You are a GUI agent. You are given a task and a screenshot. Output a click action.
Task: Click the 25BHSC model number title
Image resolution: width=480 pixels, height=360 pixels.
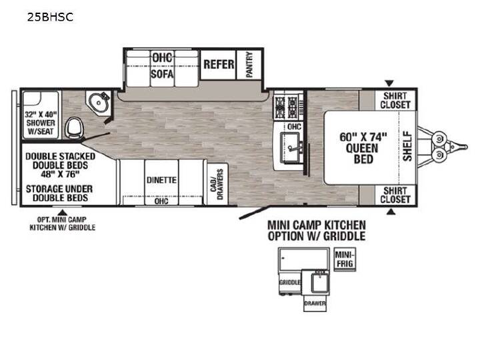[x=50, y=17]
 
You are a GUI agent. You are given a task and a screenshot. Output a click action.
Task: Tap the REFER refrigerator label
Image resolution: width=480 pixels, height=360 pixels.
[x=219, y=65]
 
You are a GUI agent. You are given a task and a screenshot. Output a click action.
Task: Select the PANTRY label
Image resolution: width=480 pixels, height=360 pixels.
[x=249, y=65]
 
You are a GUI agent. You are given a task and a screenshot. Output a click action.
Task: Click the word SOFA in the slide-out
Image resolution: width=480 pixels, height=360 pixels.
[x=162, y=74]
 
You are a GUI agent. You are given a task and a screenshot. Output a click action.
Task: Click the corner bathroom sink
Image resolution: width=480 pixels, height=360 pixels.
[x=98, y=102]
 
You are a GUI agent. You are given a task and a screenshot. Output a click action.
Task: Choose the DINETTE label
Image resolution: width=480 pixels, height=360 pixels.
[x=161, y=180]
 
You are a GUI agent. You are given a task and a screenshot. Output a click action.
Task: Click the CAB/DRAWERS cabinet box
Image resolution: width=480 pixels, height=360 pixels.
[x=217, y=184]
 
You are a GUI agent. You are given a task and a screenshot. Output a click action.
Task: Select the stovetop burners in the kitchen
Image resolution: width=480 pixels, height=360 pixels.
[x=287, y=107]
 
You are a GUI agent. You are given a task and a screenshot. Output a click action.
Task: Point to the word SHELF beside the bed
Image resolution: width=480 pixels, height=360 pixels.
[x=407, y=146]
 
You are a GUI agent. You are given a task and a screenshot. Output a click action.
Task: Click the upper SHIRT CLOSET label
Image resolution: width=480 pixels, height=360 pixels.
[x=395, y=101]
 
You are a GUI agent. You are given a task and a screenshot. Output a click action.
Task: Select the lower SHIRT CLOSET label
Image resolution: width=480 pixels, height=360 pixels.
[x=395, y=195]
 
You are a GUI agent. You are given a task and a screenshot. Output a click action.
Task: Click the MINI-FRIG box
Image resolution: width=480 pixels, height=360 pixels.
[x=345, y=259]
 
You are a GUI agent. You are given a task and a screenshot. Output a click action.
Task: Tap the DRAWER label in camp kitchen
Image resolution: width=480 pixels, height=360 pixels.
[x=315, y=304]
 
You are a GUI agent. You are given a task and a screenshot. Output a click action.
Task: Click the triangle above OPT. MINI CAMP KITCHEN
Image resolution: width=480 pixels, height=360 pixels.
[x=63, y=212]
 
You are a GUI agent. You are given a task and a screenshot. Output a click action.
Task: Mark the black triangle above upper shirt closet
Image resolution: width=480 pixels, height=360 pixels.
[x=389, y=83]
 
